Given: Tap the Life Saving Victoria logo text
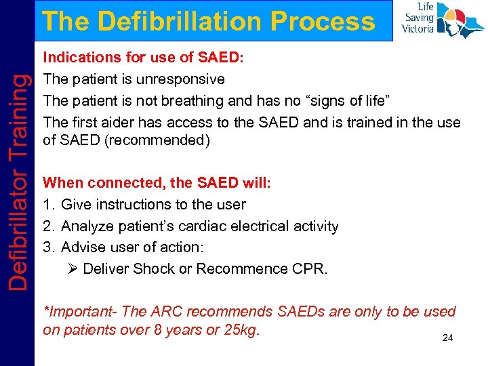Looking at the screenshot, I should click(418, 18).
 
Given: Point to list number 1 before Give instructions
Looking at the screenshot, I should click(47, 205).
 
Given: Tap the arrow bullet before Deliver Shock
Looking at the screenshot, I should click(73, 269).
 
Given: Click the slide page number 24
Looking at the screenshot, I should click(447, 338).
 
